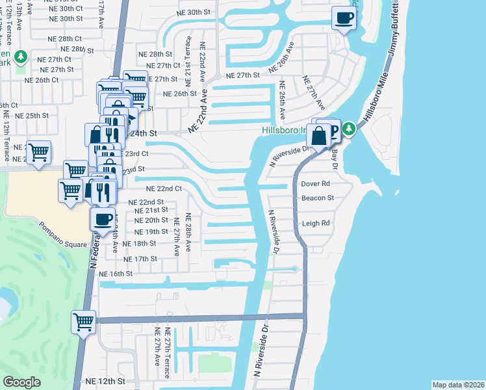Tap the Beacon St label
tap(317, 198)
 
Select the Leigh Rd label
tap(316, 223)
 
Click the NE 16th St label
tap(117, 274)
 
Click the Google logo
tap(21, 382)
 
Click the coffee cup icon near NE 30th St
tap(344, 18)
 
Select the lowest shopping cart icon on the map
tap(84, 322)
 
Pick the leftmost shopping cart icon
tap(39, 153)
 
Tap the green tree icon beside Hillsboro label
tap(349, 128)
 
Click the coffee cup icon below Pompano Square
tap(102, 220)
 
